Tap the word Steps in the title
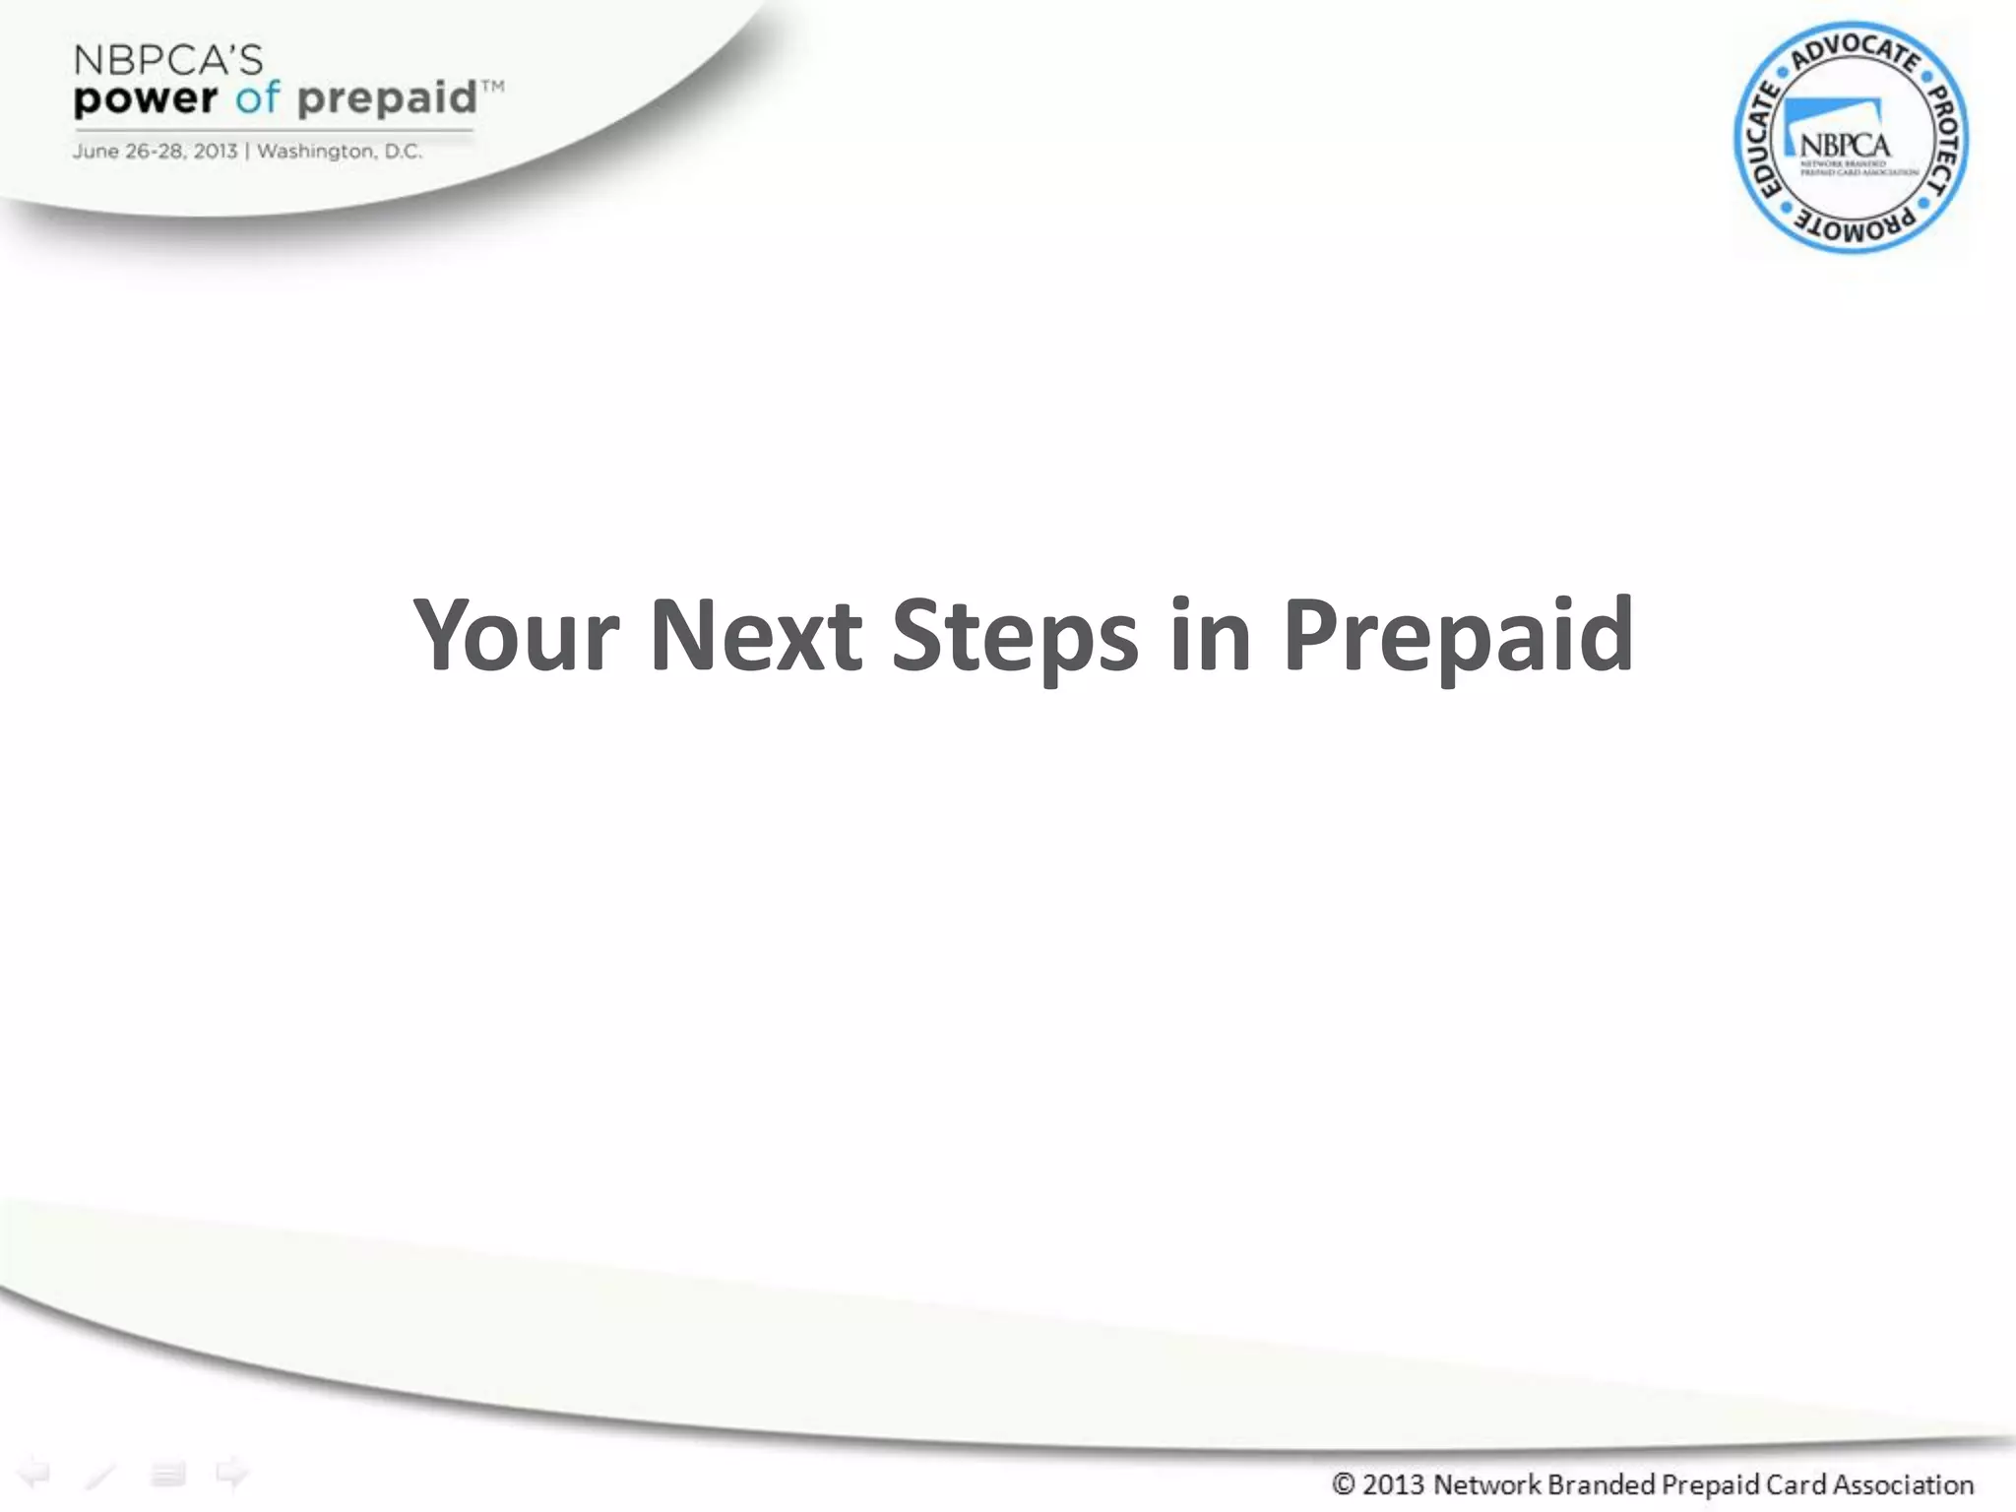(1015, 638)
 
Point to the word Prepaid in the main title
(1457, 638)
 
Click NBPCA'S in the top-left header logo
(168, 61)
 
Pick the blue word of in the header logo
(257, 98)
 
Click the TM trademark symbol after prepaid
(493, 87)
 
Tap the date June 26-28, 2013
(155, 152)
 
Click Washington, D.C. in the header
(340, 152)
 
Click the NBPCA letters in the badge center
(1845, 146)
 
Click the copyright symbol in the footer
(1343, 1483)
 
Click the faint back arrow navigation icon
(34, 1474)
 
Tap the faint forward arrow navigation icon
(232, 1474)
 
